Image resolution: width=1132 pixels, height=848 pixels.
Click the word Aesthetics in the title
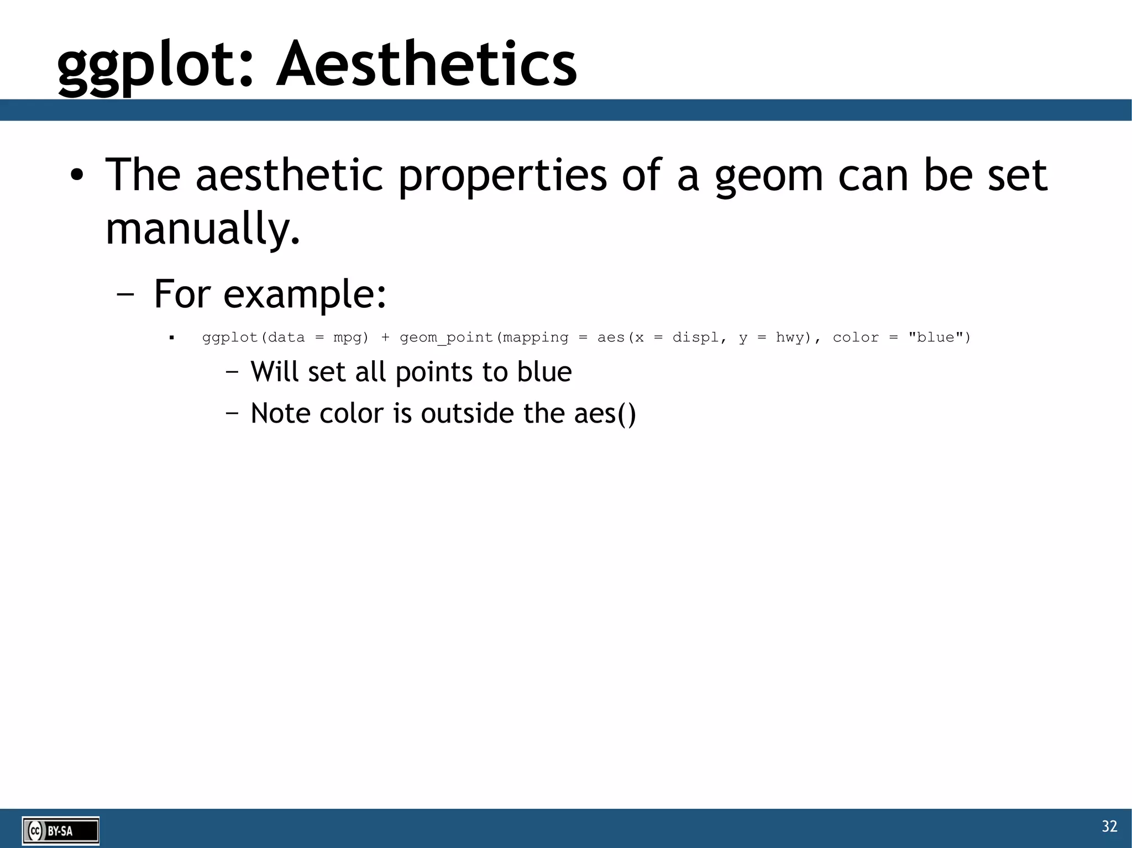point(427,65)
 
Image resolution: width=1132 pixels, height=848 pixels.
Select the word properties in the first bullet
point(502,176)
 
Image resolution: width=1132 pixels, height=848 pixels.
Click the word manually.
point(202,229)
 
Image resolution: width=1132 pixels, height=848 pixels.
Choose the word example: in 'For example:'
point(305,294)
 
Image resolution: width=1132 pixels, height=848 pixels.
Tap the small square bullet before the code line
point(172,338)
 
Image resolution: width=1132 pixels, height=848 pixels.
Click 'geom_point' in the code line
point(446,338)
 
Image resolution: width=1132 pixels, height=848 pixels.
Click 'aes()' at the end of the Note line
point(605,414)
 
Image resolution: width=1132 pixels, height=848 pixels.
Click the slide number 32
point(1109,826)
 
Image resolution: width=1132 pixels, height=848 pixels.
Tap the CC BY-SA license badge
point(61,830)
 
